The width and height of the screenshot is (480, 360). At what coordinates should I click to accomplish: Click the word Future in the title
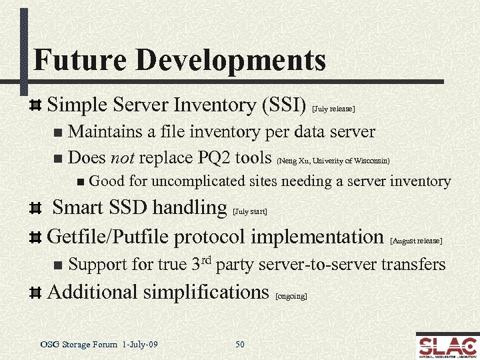pyautogui.click(x=71, y=59)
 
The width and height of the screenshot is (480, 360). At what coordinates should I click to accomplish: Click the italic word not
pyautogui.click(x=123, y=158)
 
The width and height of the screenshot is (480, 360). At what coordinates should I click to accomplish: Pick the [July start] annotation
pyautogui.click(x=250, y=211)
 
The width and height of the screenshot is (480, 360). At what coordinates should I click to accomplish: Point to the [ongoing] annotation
pyautogui.click(x=291, y=295)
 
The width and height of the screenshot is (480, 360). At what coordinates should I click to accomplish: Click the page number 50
pyautogui.click(x=240, y=344)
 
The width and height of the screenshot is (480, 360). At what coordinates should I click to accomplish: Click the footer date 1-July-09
pyautogui.click(x=141, y=344)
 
